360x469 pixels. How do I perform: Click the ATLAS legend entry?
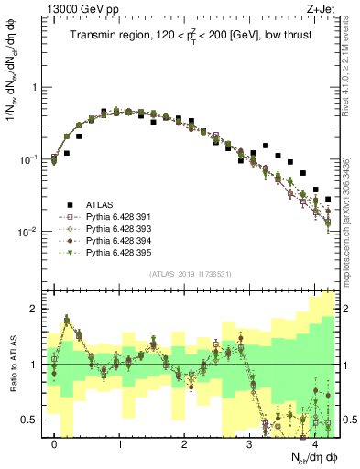pos(104,204)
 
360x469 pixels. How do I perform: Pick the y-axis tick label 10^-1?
pos(26,159)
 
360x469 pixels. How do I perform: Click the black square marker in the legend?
pos(67,204)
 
